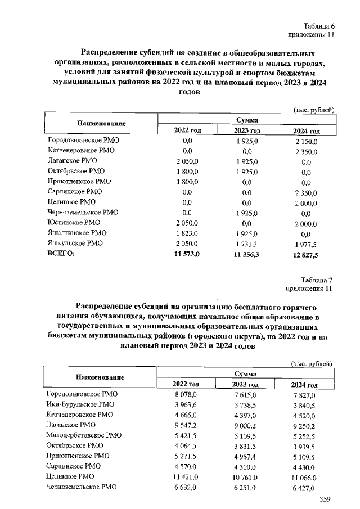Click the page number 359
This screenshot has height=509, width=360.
325,499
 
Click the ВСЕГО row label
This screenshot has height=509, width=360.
60,254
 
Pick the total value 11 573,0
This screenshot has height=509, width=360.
188,254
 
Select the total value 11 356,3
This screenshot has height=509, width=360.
246,254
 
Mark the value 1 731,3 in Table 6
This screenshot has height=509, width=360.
246,244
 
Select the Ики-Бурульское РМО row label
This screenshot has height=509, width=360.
80,404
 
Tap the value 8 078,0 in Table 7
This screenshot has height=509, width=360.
188,394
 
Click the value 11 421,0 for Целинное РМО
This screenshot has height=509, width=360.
188,476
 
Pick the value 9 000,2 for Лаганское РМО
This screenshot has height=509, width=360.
246,425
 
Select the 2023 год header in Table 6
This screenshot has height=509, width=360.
246,130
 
